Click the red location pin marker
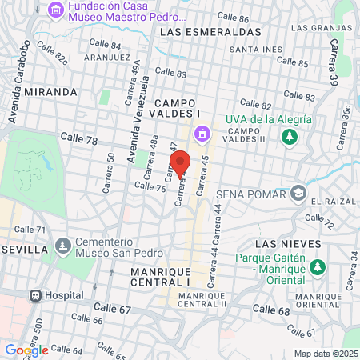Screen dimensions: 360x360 click(x=180, y=164)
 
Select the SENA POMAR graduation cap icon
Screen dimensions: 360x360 click(x=298, y=194)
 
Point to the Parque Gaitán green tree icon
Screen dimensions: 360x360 click(x=318, y=266)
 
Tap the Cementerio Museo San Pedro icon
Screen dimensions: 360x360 click(x=62, y=243)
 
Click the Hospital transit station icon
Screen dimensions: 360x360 click(x=35, y=294)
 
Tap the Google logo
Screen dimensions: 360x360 click(x=26, y=350)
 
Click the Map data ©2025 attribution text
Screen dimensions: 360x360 click(x=323, y=354)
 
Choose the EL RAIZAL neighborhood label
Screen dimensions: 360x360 click(x=333, y=201)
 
